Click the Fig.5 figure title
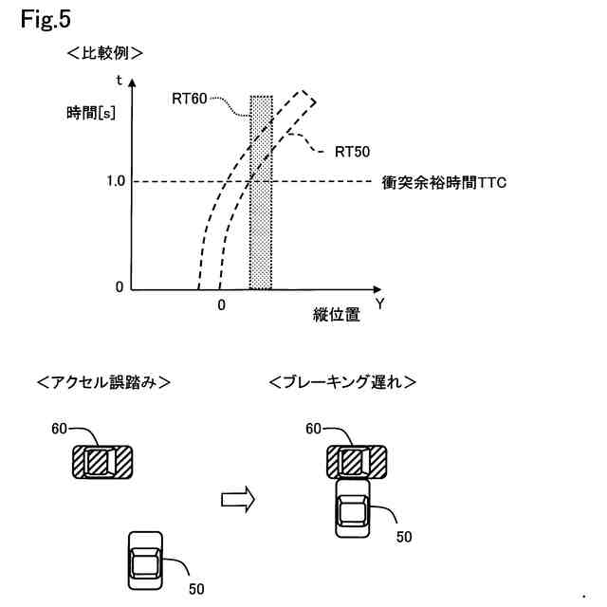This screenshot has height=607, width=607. (45, 19)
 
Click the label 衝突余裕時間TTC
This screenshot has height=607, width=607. (444, 181)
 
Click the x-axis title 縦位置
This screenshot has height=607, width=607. (336, 316)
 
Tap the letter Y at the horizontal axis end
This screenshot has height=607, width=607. (379, 304)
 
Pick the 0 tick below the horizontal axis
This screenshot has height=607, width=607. (220, 305)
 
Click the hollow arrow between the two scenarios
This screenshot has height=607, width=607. (238, 496)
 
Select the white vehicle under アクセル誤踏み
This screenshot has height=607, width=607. (144, 559)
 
